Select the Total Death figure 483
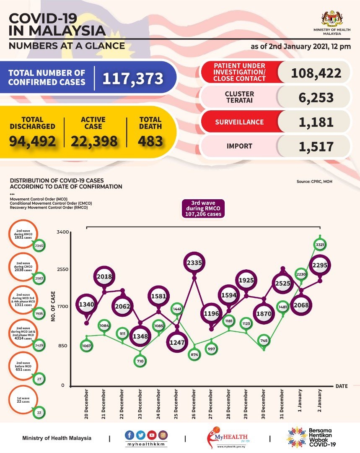click(150, 141)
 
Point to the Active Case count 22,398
click(94, 141)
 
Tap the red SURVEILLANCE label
click(239, 122)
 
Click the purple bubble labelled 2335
click(194, 263)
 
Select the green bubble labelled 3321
click(320, 245)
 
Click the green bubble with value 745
click(264, 341)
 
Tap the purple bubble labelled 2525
click(283, 284)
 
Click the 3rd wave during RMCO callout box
click(203, 208)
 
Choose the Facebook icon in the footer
click(130, 435)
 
